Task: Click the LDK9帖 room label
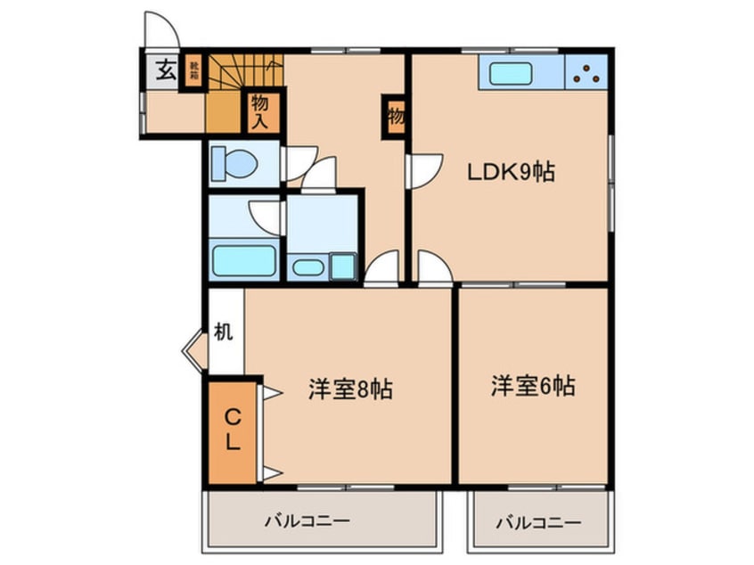point(512,172)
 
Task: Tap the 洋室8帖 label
point(351,389)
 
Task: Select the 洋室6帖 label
point(532,387)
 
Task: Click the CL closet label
point(232,430)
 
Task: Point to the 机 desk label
point(224,332)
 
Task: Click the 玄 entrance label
point(166,70)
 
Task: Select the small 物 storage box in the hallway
point(394,116)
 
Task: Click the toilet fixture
point(235,165)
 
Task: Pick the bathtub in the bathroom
point(242,260)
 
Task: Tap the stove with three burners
point(586,72)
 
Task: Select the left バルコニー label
point(307,520)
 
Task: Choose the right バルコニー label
point(538,520)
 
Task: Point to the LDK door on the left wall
point(423,170)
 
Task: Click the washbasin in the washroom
point(307,266)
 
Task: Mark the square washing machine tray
point(343,265)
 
